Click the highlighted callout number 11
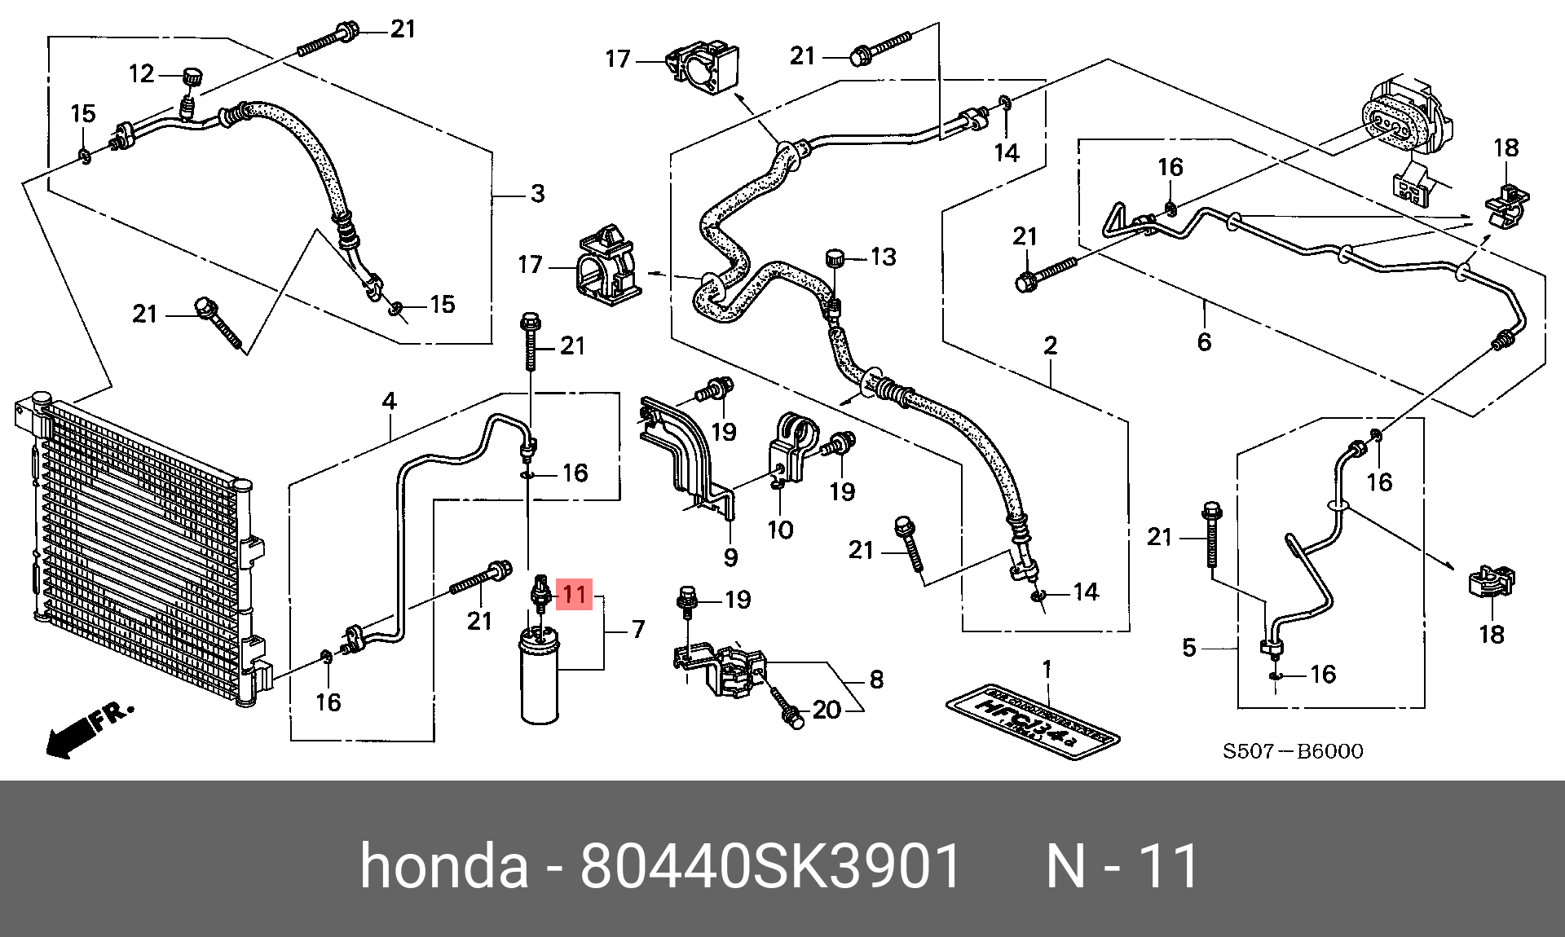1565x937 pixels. click(574, 594)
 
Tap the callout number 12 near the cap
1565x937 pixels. click(141, 74)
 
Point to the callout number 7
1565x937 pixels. click(637, 629)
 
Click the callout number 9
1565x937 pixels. click(730, 557)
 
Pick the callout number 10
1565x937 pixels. click(780, 530)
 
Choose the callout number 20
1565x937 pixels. click(827, 710)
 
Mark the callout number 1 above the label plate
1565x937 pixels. click(1047, 670)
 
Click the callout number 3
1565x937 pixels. click(537, 194)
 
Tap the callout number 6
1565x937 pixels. click(1204, 341)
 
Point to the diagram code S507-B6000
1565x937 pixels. click(1292, 751)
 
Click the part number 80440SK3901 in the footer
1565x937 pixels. click(770, 865)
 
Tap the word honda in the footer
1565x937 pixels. click(444, 865)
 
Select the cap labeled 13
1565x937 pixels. click(835, 258)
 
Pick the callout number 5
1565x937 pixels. click(1189, 648)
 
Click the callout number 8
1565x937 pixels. click(876, 680)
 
